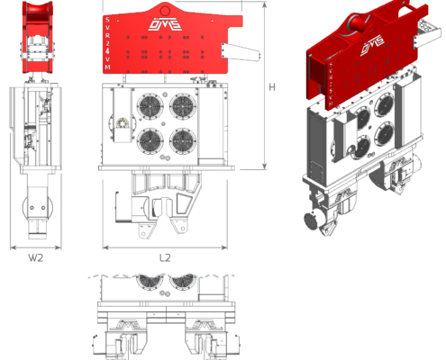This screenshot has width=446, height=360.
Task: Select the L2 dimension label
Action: click(x=165, y=258)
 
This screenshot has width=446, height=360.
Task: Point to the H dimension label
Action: click(x=271, y=87)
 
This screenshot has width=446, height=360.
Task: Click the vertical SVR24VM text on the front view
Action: click(x=110, y=44)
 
